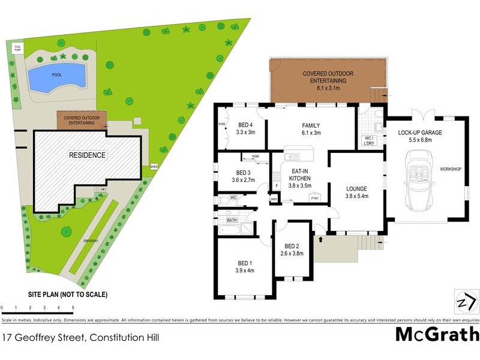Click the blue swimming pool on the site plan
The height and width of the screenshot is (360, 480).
click(x=57, y=76)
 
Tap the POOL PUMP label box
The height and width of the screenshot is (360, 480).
click(x=17, y=47)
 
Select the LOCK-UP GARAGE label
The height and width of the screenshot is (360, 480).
click(x=419, y=133)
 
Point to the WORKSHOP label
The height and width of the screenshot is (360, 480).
click(x=450, y=170)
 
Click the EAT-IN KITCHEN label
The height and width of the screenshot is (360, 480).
click(x=299, y=174)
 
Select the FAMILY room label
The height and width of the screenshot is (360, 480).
click(x=311, y=125)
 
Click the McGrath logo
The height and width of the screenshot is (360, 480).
click(x=437, y=334)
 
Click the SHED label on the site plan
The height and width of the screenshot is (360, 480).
click(x=154, y=166)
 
